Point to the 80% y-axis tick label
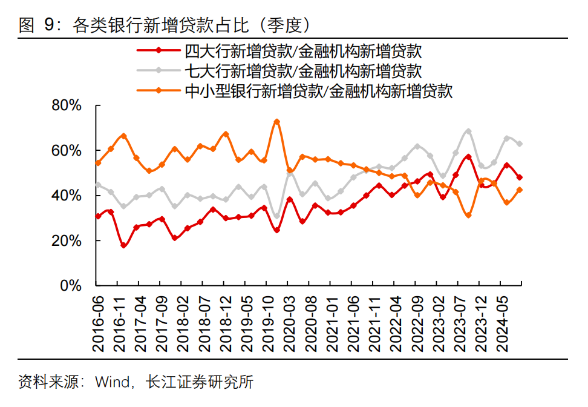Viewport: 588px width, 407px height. pyautogui.click(x=67, y=105)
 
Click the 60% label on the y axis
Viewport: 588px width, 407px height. pyautogui.click(x=67, y=150)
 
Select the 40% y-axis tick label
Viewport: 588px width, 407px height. pyautogui.click(x=67, y=196)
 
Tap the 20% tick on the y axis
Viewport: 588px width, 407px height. pyautogui.click(x=67, y=240)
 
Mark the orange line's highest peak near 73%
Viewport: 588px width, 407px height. pyautogui.click(x=276, y=122)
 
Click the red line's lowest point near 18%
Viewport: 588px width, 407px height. pyautogui.click(x=123, y=245)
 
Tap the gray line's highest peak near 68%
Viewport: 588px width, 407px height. pyautogui.click(x=468, y=131)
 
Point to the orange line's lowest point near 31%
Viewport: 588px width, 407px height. pyautogui.click(x=468, y=215)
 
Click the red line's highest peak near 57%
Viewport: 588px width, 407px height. pyautogui.click(x=468, y=157)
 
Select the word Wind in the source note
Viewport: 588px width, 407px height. pyautogui.click(x=112, y=383)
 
